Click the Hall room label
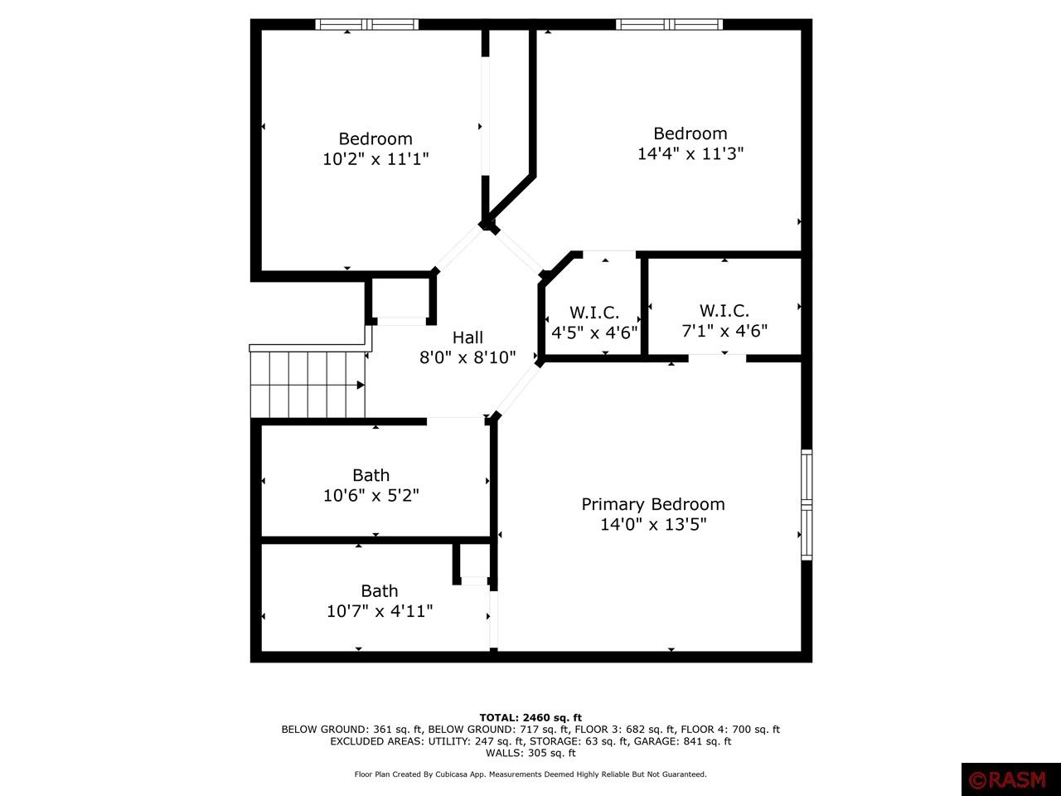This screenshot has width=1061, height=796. (x=468, y=337)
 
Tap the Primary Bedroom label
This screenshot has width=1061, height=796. (x=653, y=505)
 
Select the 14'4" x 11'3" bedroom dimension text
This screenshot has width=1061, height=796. (x=690, y=153)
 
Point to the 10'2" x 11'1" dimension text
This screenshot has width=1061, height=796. (x=375, y=158)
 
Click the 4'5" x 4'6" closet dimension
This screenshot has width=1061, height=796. (x=594, y=332)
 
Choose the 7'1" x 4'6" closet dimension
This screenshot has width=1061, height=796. (x=724, y=331)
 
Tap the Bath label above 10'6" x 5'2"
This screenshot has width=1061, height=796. (x=371, y=475)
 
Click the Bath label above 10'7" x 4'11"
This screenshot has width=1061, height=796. (x=380, y=590)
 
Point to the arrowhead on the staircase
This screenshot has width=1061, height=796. (x=361, y=385)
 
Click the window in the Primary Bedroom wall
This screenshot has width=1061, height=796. (x=807, y=505)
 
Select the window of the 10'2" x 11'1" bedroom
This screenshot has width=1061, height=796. (x=367, y=24)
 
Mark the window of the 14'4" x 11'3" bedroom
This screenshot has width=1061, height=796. (x=670, y=24)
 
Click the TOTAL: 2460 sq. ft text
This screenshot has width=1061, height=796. (x=530, y=718)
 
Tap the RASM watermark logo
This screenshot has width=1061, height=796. (x=1011, y=779)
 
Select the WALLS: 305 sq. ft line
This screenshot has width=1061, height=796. (x=530, y=753)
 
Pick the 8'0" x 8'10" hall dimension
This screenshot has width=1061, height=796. (x=468, y=357)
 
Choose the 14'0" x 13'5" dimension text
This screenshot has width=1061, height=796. (x=653, y=524)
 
